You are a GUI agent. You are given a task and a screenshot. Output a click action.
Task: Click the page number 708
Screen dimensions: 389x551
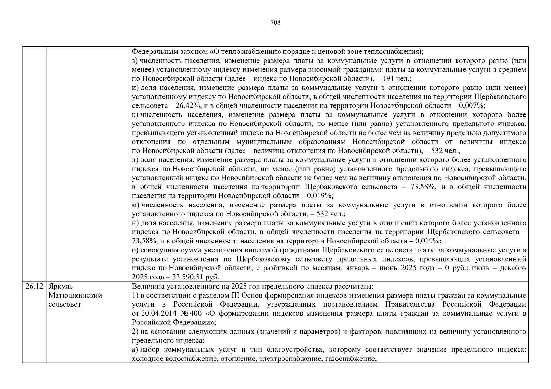coord(275,22)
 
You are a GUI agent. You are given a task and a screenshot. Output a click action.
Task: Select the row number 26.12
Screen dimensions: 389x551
coord(34,287)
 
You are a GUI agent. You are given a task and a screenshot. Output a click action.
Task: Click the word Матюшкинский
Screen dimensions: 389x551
coord(75,295)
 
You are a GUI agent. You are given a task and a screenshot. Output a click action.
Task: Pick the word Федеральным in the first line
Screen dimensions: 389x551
coord(152,52)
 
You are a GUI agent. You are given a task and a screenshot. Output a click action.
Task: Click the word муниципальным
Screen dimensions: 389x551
coord(263,142)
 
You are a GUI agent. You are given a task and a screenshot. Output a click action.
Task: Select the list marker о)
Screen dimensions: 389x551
coord(135,250)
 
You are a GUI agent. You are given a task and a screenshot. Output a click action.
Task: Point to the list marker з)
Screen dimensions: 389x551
coord(135,61)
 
